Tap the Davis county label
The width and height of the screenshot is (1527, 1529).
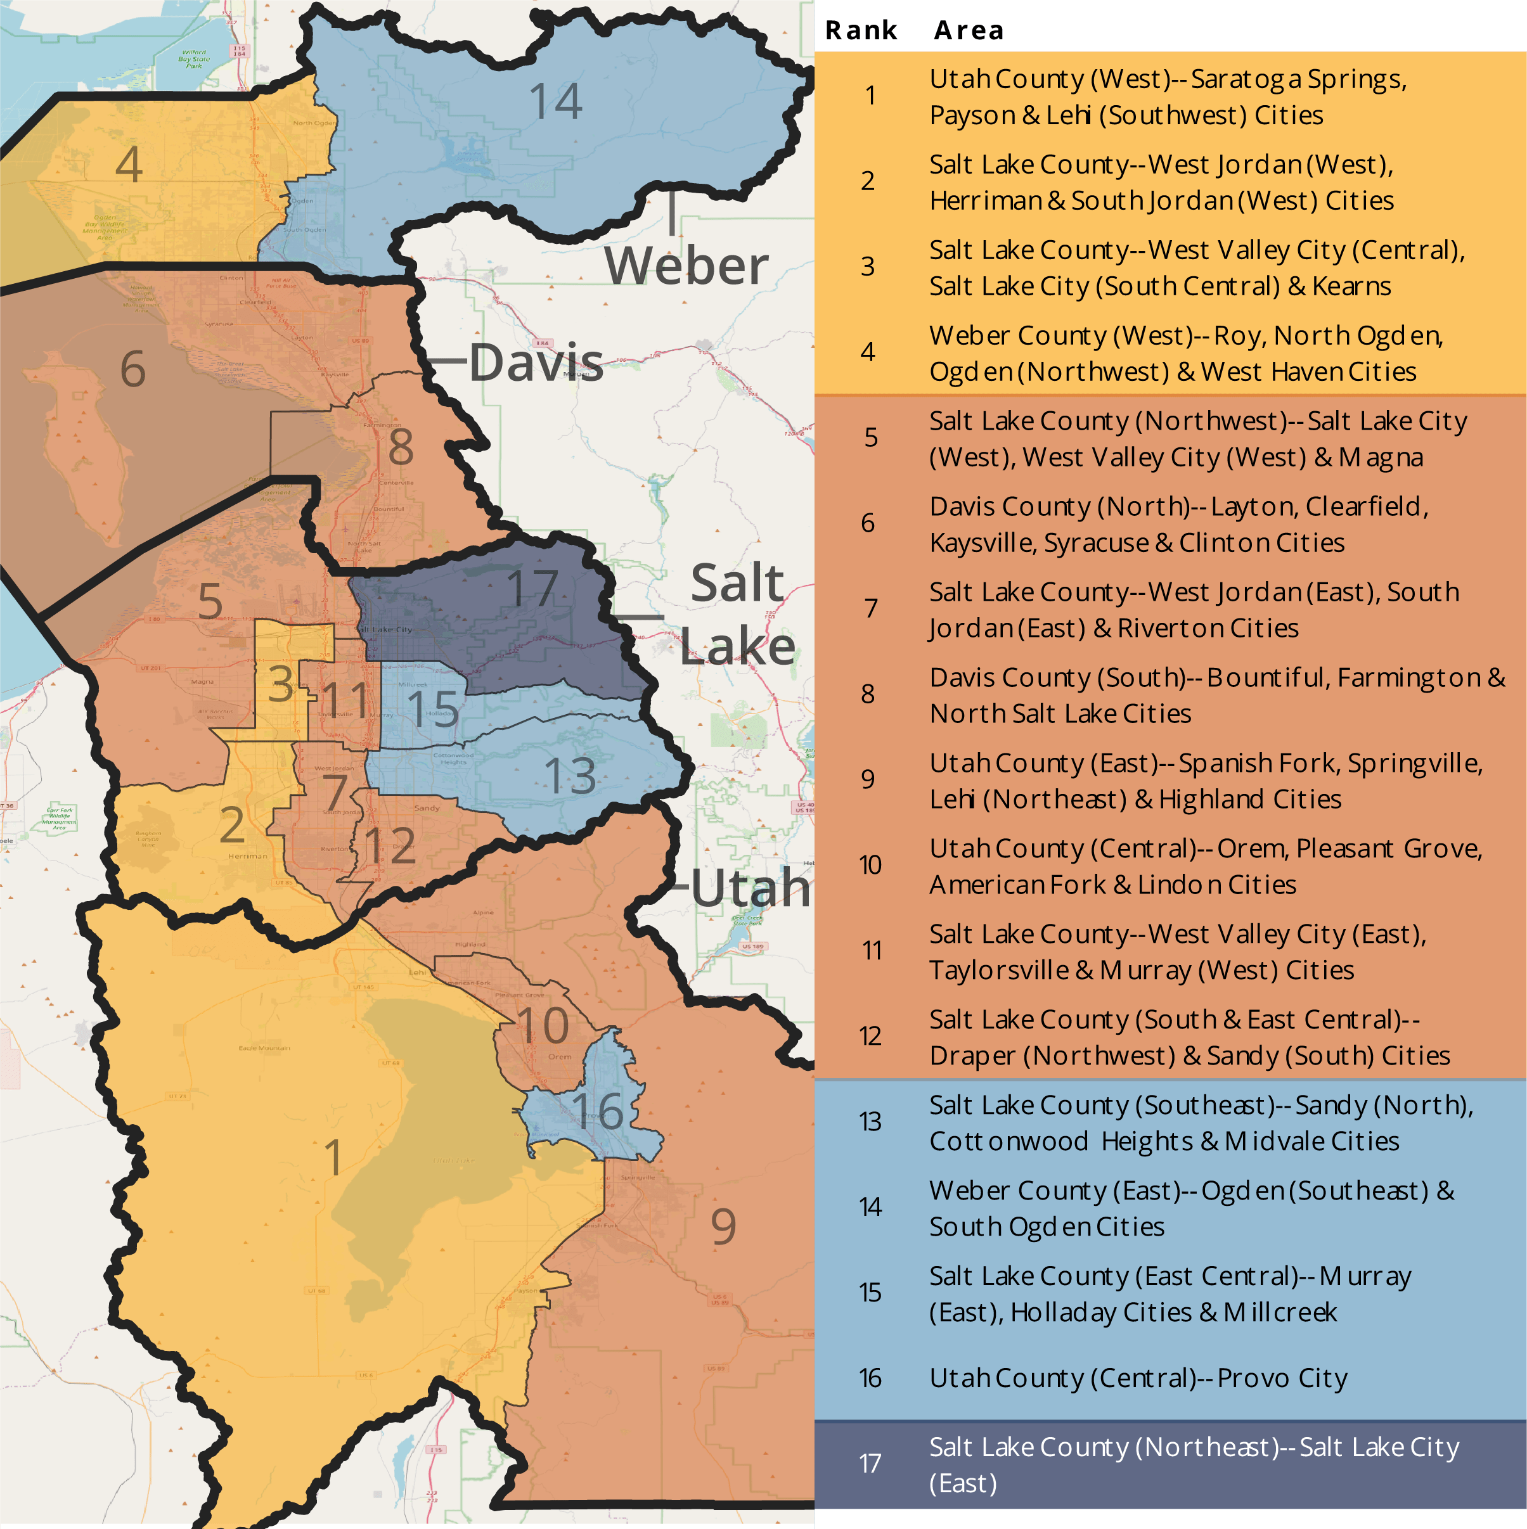(x=536, y=362)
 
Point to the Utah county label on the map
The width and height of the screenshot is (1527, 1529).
(x=750, y=887)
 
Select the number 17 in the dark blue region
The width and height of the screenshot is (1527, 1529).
(x=532, y=589)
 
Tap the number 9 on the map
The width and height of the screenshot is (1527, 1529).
(x=723, y=1226)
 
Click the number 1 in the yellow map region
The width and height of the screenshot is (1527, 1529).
(x=333, y=1157)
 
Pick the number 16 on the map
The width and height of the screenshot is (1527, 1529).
(x=597, y=1111)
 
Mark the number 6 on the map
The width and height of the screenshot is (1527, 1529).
(x=133, y=369)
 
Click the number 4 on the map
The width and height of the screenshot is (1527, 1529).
(x=129, y=165)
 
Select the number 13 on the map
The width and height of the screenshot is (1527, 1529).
(x=570, y=776)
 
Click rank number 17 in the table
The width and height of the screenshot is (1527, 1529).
(x=870, y=1463)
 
